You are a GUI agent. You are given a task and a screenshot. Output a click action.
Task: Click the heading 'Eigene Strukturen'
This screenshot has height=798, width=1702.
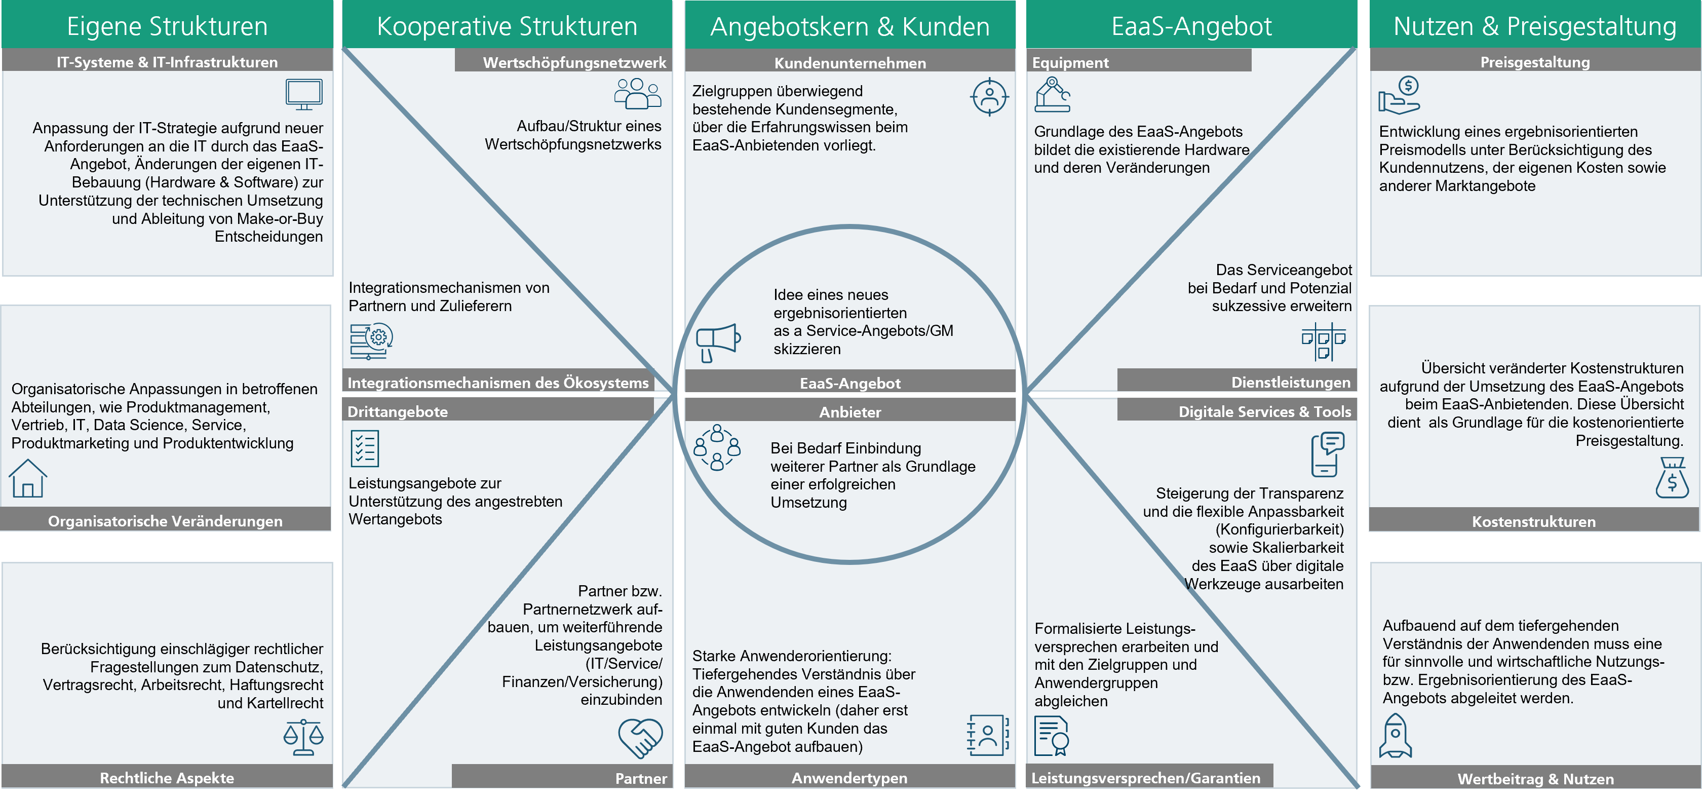(167, 26)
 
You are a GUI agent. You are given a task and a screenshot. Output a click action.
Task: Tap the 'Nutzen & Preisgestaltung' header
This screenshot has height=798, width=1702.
(1535, 26)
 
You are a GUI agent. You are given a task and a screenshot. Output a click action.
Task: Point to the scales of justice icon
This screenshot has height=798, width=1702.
(303, 737)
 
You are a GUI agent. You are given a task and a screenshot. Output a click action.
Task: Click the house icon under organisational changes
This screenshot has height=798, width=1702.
(28, 478)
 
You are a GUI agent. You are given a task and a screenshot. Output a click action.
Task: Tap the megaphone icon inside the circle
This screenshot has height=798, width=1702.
(718, 342)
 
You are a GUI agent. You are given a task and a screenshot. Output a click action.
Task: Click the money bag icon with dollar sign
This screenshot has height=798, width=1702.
(1672, 478)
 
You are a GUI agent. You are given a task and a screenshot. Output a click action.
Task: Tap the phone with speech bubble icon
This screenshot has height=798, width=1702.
(1327, 454)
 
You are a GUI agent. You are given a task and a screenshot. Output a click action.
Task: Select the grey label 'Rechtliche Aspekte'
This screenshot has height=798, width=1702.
(167, 778)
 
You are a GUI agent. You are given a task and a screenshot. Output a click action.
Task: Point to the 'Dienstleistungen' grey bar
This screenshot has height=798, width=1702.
(1236, 382)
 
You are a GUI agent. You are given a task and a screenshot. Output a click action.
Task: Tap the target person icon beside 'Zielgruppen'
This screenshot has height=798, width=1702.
(989, 97)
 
